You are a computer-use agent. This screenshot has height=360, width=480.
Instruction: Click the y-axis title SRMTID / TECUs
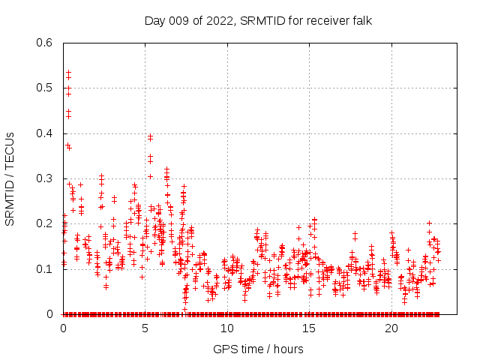[10, 178]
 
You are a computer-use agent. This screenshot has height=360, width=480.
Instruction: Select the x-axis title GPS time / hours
[258, 349]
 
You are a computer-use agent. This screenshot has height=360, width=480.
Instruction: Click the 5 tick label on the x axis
[145, 328]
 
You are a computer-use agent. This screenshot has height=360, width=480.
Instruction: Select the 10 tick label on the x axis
[227, 328]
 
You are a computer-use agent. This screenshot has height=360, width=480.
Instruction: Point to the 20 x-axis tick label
[391, 328]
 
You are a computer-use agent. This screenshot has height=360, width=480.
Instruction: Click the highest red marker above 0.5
[68, 73]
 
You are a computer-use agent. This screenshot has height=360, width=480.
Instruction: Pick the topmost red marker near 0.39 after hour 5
[150, 136]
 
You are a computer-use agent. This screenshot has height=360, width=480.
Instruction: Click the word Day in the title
[154, 20]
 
